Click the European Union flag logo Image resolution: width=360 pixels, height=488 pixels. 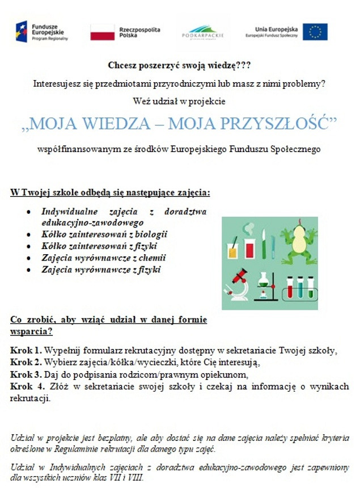point(315,32)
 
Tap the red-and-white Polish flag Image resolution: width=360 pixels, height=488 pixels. point(102,32)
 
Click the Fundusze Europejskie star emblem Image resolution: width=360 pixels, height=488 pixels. point(21,32)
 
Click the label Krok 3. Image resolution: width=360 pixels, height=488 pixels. point(25,375)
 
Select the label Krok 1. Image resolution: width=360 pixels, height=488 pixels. point(25,350)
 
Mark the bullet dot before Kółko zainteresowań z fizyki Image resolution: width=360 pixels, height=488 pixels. point(28,246)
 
